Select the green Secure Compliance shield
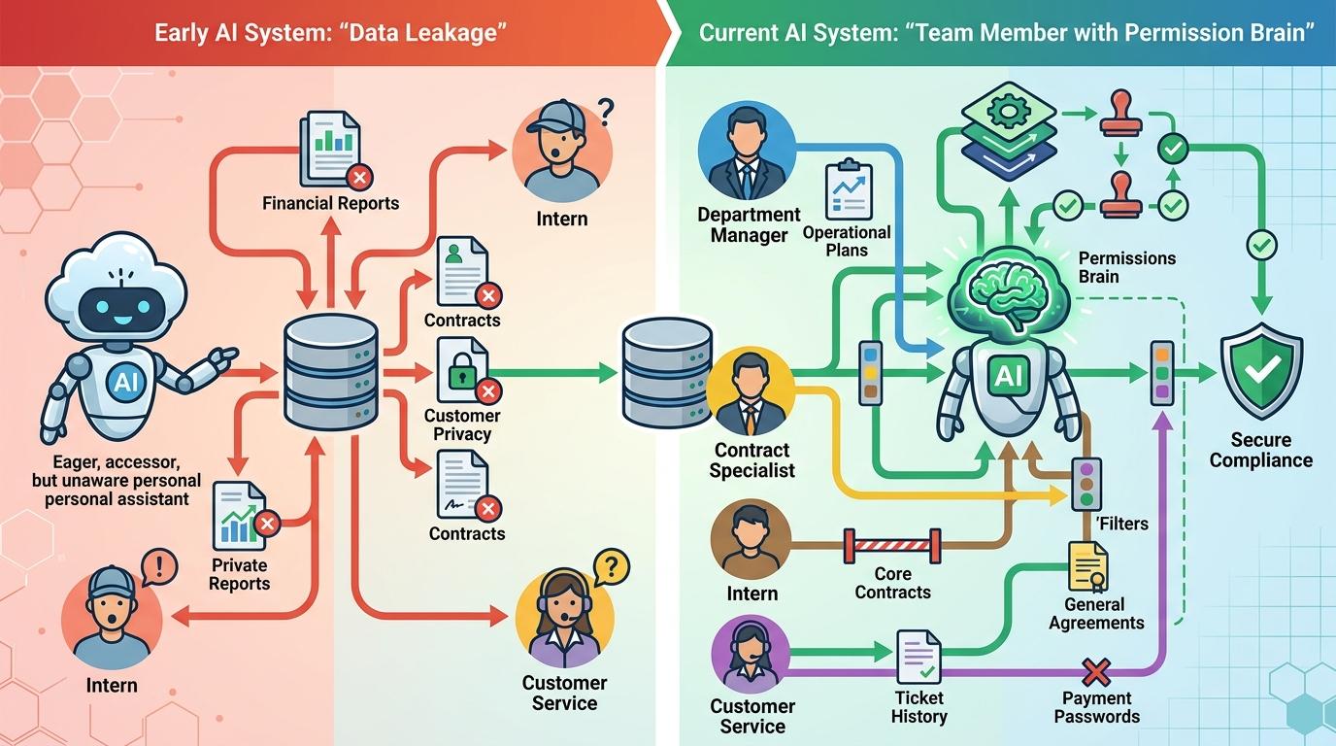[1261, 371]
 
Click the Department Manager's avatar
[747, 150]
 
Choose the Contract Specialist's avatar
[751, 391]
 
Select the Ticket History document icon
[919, 657]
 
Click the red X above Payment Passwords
[1096, 673]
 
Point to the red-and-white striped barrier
[892, 546]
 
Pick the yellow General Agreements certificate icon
[1087, 566]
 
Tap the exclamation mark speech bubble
[159, 567]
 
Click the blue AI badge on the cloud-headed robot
[125, 381]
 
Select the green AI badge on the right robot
[1008, 375]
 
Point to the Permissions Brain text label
[1126, 267]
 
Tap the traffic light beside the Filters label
[1086, 484]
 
